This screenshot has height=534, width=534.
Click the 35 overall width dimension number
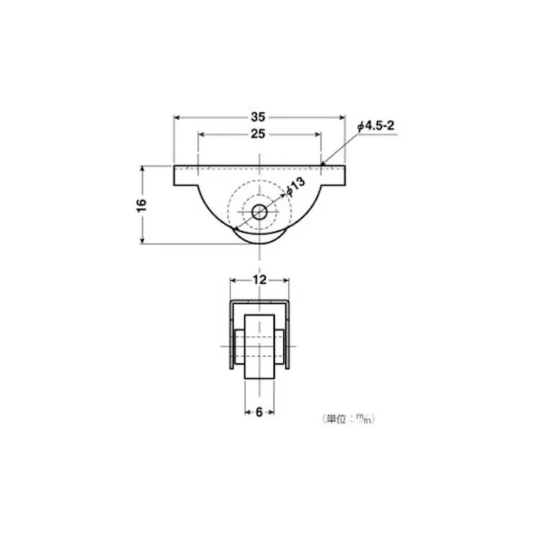(258, 116)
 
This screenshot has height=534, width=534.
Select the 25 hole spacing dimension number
(258, 134)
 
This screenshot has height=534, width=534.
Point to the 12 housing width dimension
(258, 279)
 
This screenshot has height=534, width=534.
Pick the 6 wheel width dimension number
(258, 411)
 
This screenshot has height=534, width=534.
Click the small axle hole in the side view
(259, 212)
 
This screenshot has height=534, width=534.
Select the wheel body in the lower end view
(258, 348)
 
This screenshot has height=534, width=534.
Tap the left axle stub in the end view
(238, 348)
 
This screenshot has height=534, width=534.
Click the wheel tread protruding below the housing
(259, 238)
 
